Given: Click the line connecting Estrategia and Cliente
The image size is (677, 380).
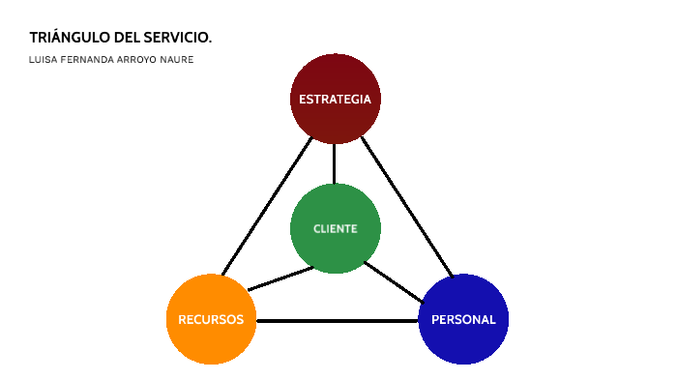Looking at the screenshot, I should [335, 162].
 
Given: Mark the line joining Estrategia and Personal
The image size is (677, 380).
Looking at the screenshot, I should [406, 206].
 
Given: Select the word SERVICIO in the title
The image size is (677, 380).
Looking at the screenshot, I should [178, 38].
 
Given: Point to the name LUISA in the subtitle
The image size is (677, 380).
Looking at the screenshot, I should [43, 60].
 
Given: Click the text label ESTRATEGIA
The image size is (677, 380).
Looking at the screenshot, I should [335, 99].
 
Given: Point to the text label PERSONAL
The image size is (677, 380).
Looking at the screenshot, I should [463, 320].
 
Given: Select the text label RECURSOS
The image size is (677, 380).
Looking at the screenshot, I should [211, 320].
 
